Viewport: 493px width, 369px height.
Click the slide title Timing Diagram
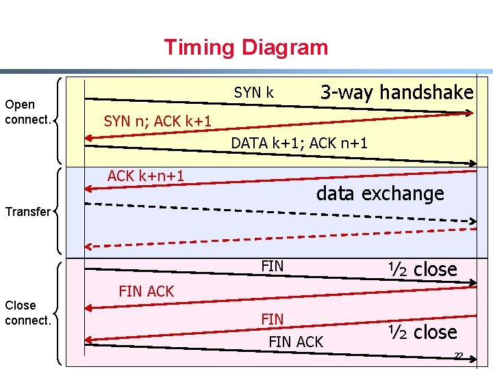[246, 48]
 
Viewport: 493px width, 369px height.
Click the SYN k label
[254, 92]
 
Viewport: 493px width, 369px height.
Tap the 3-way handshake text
[396, 92]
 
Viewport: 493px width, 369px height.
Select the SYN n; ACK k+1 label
[157, 122]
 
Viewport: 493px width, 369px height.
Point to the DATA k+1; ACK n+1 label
[299, 143]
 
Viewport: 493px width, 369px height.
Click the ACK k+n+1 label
[146, 176]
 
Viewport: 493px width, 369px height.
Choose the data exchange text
[380, 194]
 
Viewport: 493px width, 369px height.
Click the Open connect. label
[27, 112]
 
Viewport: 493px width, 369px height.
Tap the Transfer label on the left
[27, 212]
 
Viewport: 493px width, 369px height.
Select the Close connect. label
[27, 313]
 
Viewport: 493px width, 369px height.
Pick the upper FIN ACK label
[147, 291]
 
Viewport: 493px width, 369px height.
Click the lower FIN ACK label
[296, 342]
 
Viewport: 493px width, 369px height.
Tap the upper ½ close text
[422, 269]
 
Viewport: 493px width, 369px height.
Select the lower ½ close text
[422, 333]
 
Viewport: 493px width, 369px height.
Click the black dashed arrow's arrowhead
[472, 221]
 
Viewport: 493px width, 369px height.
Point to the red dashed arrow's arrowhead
[90, 247]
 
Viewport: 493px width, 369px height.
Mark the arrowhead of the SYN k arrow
[468, 113]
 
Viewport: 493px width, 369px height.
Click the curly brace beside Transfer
[58, 211]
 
